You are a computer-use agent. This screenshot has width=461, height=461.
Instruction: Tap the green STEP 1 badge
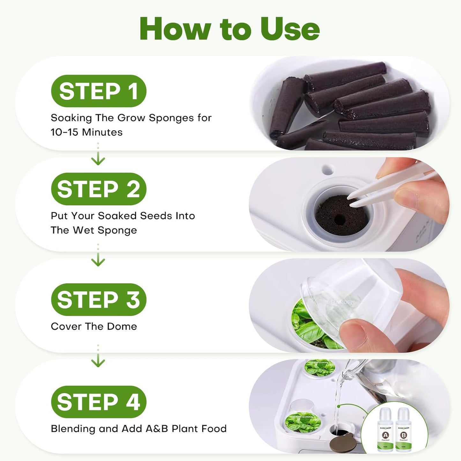click(x=99, y=91)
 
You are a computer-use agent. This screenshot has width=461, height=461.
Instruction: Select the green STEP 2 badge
click(x=99, y=189)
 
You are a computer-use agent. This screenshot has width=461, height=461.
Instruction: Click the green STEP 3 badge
click(x=99, y=300)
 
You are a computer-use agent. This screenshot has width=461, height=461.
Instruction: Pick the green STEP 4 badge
click(x=99, y=402)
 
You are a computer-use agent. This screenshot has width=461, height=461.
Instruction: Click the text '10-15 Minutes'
click(x=86, y=132)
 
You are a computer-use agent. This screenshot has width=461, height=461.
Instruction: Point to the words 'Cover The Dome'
click(x=94, y=326)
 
